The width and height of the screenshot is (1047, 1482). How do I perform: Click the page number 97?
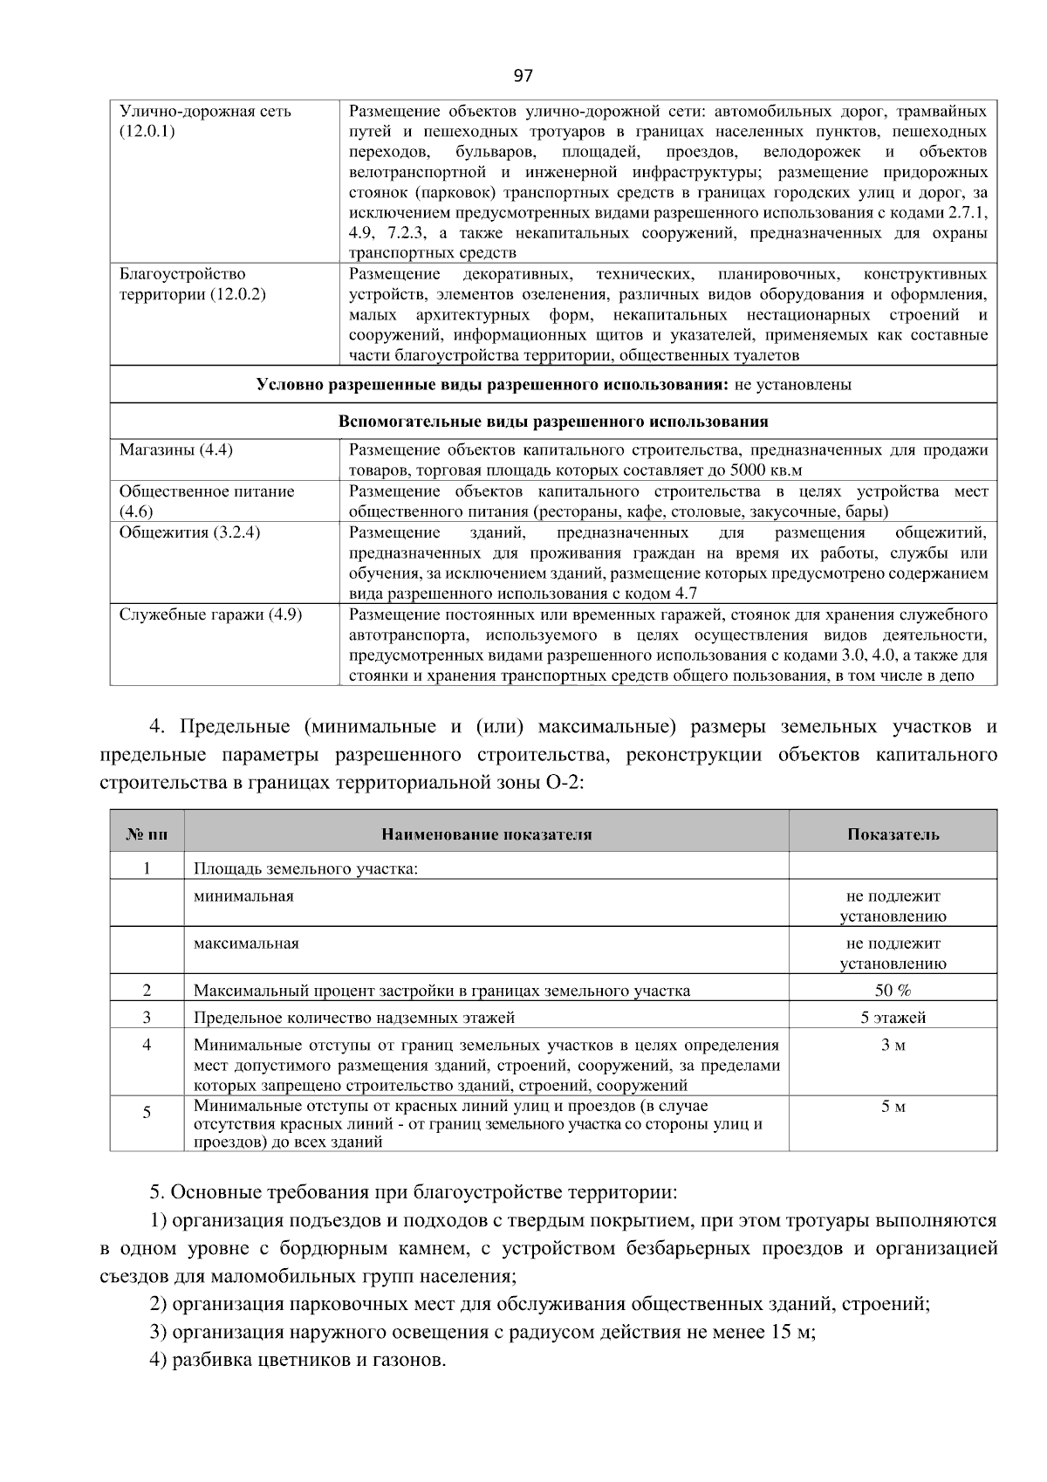tap(523, 76)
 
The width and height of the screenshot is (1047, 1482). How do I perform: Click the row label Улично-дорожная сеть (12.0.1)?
tap(205, 121)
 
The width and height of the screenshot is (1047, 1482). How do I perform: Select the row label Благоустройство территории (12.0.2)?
tap(192, 284)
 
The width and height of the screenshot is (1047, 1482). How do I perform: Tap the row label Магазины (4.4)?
tap(175, 450)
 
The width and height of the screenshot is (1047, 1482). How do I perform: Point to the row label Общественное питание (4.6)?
tap(206, 501)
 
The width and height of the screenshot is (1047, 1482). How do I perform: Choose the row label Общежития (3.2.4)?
tap(189, 532)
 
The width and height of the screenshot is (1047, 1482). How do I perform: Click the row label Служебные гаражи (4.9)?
tap(210, 614)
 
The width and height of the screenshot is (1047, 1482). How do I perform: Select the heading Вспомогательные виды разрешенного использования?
tap(553, 422)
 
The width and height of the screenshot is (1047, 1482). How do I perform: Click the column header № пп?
tap(147, 834)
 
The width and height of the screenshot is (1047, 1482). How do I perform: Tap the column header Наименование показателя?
tap(486, 834)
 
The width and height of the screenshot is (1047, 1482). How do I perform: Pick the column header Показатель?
tap(893, 834)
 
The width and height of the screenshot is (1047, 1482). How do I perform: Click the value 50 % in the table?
tap(893, 991)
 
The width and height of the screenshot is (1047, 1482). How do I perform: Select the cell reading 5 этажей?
tap(893, 1018)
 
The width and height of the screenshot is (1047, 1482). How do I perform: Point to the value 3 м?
tap(893, 1046)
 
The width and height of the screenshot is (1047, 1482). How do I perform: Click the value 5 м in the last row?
tap(893, 1108)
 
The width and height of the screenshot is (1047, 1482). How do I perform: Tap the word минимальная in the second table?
tap(243, 896)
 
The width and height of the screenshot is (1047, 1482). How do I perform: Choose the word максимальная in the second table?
tap(246, 943)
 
